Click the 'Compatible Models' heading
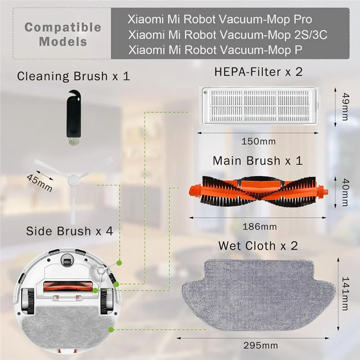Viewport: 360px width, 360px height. pyautogui.click(x=63, y=34)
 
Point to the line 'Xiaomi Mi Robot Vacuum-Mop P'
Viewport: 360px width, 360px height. pyautogui.click(x=215, y=49)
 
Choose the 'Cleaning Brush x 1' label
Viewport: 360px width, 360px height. pyautogui.click(x=73, y=76)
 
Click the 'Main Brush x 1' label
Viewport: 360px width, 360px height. pyautogui.click(x=257, y=161)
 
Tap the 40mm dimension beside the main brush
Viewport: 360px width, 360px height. pyautogui.click(x=345, y=191)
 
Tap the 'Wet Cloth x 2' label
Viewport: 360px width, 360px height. pyautogui.click(x=258, y=246)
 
